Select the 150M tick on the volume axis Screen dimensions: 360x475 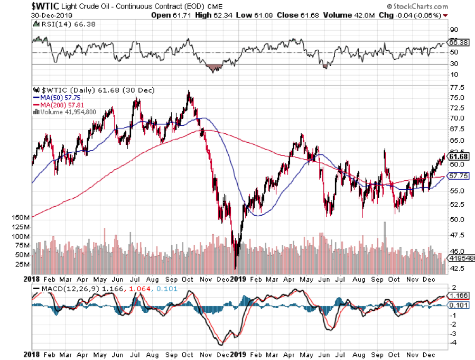[x=18, y=217]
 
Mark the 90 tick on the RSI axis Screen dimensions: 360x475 [x=453, y=30]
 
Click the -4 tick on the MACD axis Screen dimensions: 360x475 [x=452, y=343]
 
